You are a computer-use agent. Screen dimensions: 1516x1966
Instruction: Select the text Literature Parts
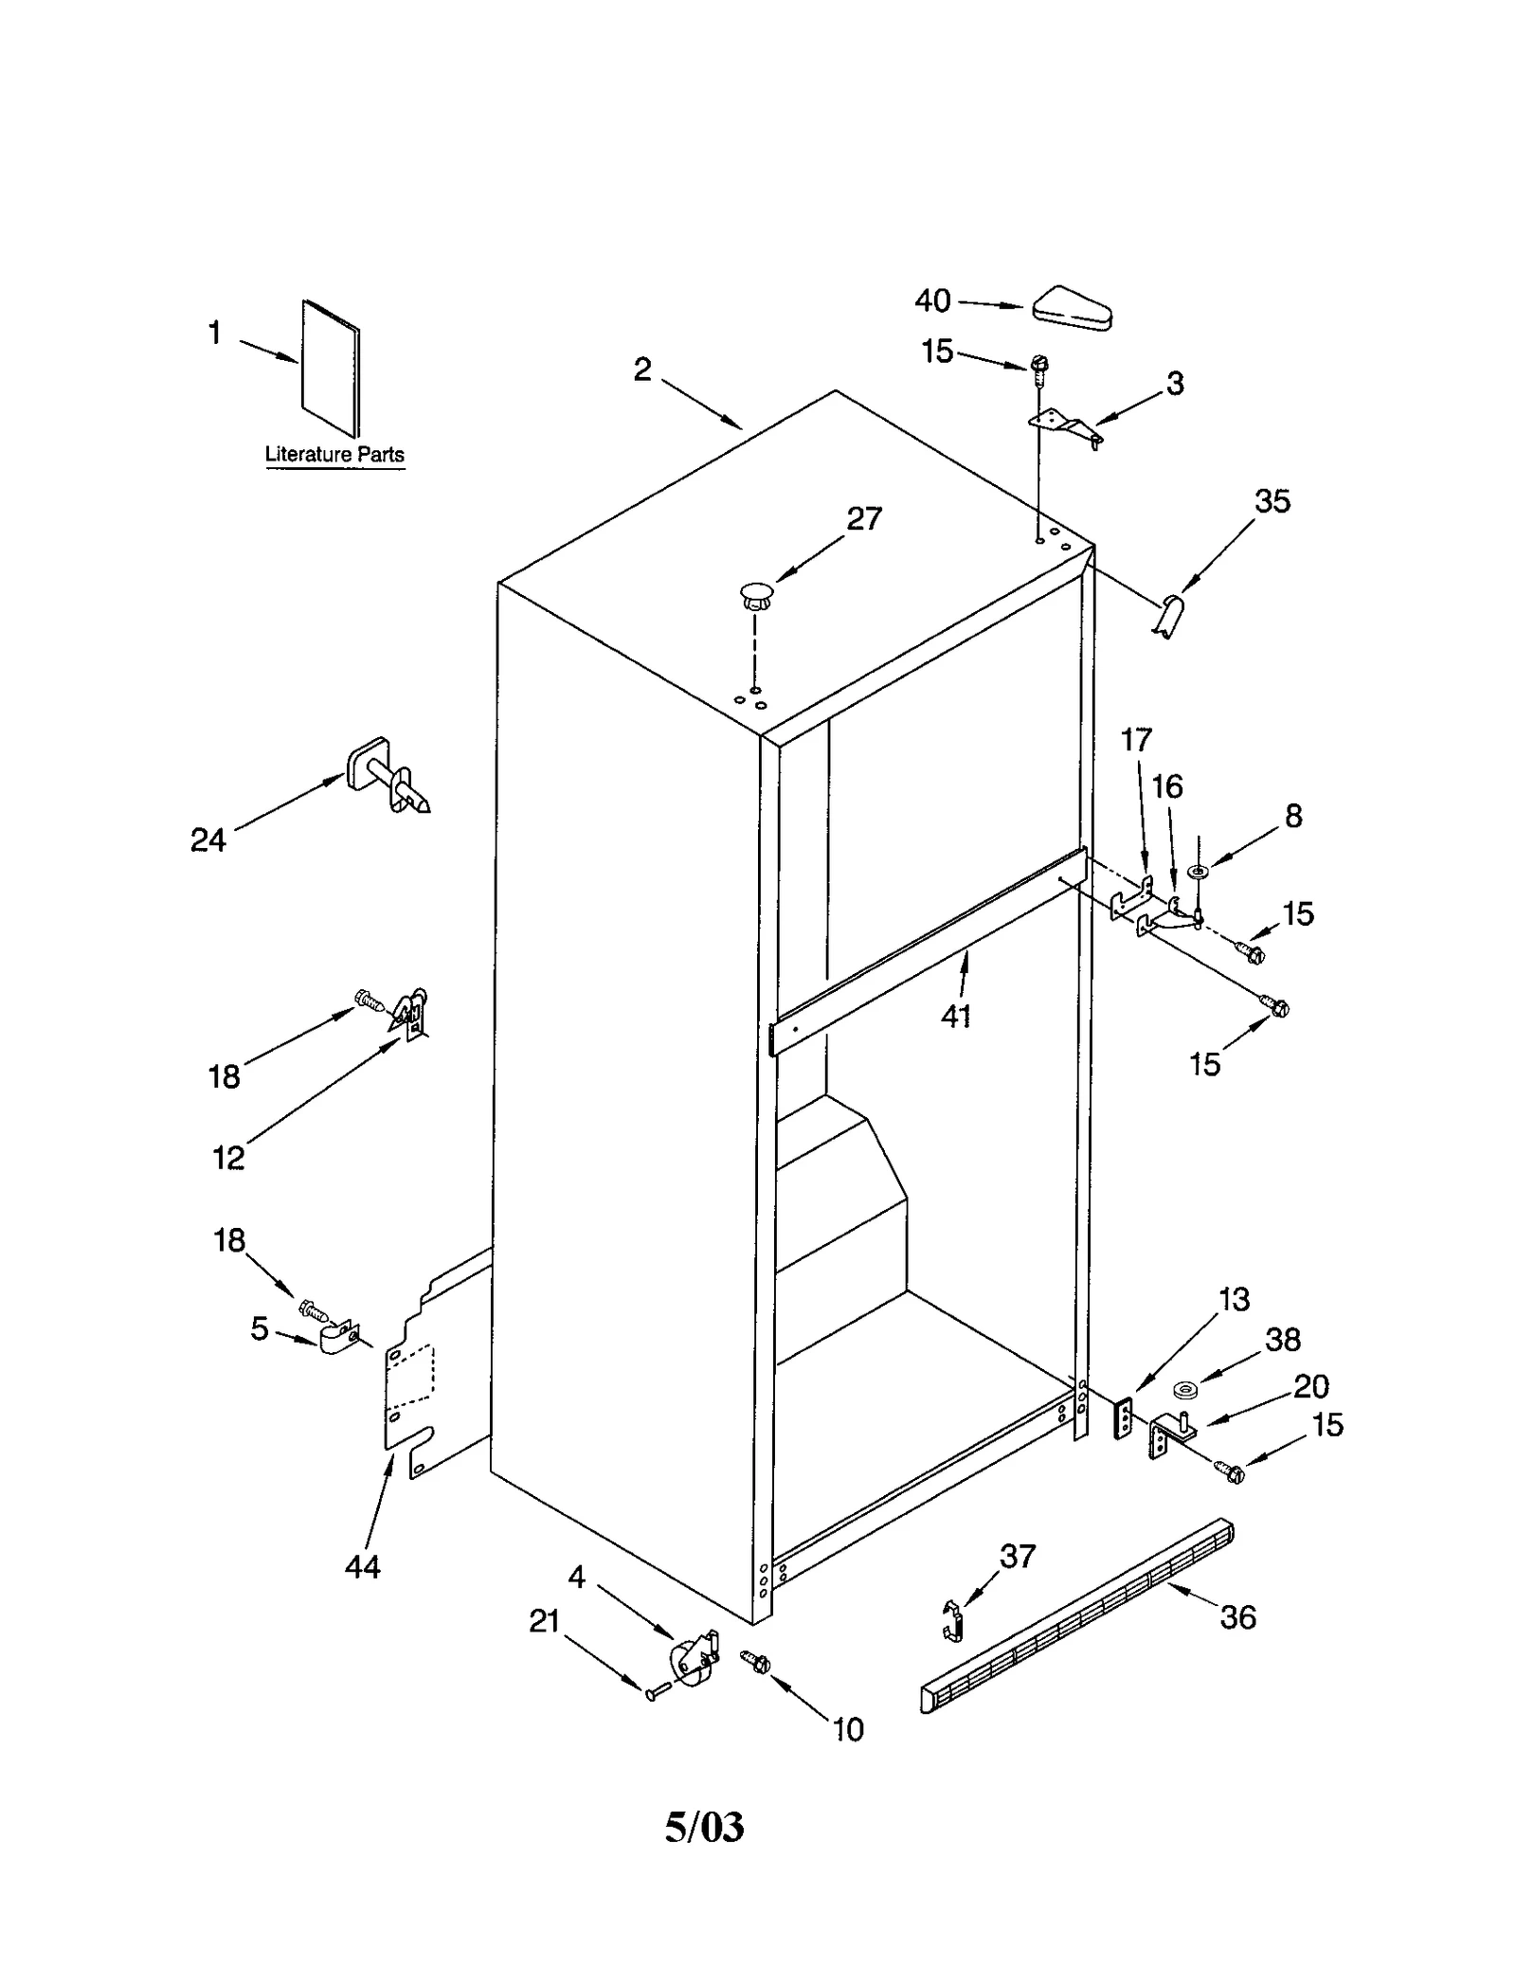334,455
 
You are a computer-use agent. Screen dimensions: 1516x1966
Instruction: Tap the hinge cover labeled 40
1072,308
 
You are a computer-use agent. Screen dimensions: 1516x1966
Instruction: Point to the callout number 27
863,518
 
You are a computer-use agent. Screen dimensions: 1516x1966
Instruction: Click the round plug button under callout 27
756,596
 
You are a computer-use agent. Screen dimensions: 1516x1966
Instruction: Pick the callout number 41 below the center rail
956,1016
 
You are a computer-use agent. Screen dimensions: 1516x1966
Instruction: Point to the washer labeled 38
1183,1391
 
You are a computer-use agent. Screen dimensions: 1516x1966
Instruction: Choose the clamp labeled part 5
336,1339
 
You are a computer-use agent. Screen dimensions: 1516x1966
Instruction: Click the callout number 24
208,839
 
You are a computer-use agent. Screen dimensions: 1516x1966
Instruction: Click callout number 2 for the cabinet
642,370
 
